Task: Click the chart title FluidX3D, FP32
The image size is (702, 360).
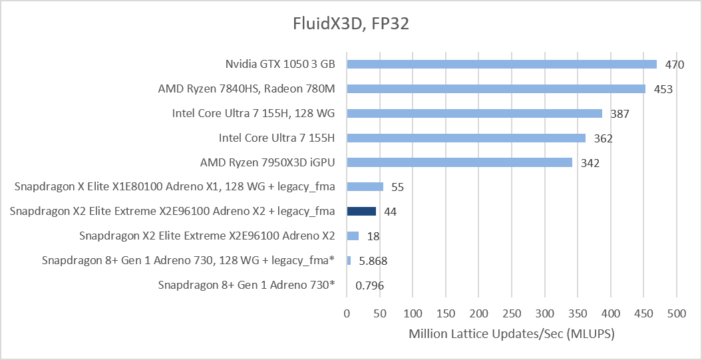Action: [351, 24]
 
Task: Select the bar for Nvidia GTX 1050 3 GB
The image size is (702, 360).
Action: [502, 64]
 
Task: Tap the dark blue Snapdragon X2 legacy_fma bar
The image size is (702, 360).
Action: [361, 212]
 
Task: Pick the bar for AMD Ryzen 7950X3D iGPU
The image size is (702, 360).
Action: [459, 162]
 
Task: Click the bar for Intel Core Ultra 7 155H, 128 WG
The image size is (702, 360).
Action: [474, 113]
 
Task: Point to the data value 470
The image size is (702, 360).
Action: [674, 65]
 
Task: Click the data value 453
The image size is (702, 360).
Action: [663, 90]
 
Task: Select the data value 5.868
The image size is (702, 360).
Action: [373, 261]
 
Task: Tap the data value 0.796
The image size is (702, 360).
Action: [369, 285]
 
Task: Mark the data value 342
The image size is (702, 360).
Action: [590, 163]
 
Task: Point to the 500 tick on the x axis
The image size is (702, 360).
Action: [677, 314]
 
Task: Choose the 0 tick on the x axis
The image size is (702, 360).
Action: [347, 314]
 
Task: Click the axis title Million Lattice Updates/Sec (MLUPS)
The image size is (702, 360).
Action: [511, 334]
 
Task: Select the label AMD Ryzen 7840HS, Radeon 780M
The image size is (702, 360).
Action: [246, 89]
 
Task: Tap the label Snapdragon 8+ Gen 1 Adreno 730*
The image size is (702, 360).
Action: [246, 285]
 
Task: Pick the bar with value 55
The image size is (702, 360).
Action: [365, 187]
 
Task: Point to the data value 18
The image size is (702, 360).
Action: [373, 236]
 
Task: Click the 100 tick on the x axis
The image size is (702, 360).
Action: [413, 314]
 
